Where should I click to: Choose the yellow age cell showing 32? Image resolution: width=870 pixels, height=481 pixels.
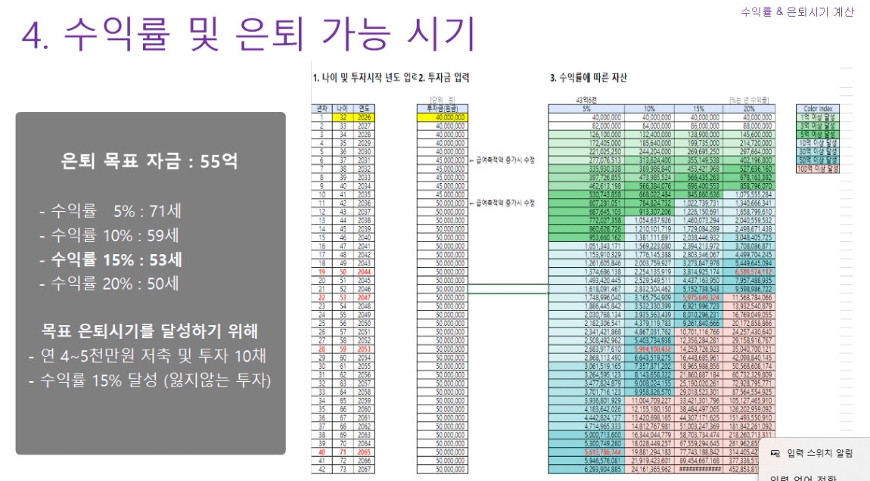click(341, 117)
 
